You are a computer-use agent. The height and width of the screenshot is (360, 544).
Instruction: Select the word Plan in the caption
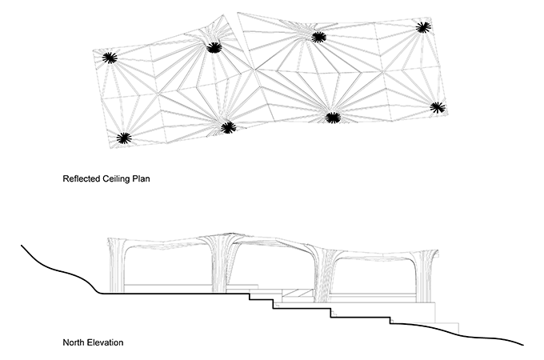click(x=142, y=178)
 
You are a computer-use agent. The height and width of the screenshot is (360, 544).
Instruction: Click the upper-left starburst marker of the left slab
click(x=110, y=58)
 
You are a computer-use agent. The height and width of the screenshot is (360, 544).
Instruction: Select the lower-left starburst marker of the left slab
click(x=124, y=138)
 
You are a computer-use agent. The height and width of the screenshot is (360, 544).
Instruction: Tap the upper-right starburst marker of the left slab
click(x=214, y=48)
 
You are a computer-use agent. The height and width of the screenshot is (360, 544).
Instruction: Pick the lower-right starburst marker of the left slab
click(x=228, y=128)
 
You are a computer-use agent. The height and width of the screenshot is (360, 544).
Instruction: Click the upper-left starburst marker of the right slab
click(x=318, y=37)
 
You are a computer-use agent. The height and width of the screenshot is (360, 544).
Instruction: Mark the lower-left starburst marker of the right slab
click(x=333, y=118)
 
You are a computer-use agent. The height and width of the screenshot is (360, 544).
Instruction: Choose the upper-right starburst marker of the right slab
click(x=423, y=27)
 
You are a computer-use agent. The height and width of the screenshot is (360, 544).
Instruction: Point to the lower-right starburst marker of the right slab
click(x=438, y=107)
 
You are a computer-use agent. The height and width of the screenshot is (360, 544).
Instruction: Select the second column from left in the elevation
click(x=222, y=263)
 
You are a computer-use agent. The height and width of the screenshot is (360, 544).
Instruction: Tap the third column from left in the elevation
click(x=323, y=274)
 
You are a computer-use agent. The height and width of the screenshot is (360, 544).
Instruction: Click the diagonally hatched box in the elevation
click(x=298, y=293)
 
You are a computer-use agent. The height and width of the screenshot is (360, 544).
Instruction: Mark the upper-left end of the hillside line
click(x=21, y=246)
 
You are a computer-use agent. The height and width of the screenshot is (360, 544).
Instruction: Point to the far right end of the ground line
click(x=523, y=345)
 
